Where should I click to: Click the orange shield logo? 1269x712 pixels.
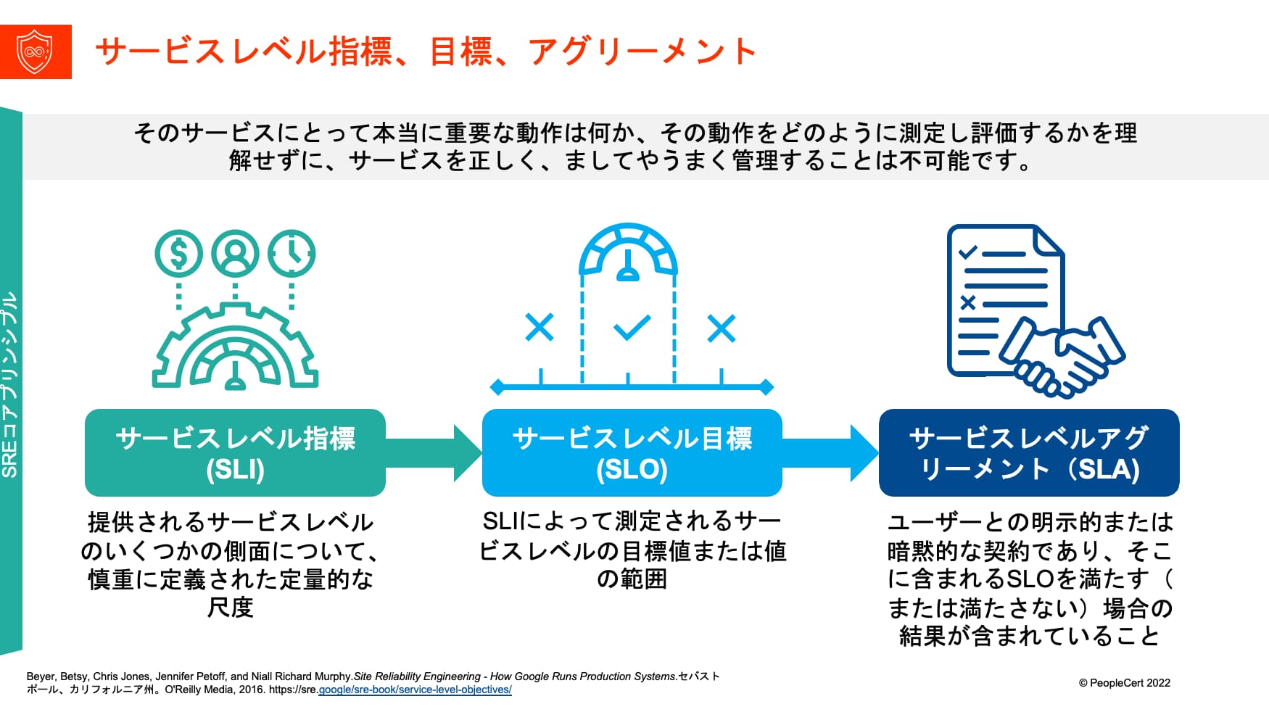36,51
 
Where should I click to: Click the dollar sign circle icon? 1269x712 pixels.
178,254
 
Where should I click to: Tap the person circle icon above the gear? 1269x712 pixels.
235,254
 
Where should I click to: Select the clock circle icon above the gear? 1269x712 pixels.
292,254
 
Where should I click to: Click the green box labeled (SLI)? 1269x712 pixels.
235,452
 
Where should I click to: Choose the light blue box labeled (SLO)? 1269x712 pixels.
632,452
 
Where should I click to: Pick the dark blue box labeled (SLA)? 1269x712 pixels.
1029,452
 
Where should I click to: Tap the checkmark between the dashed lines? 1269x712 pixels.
632,328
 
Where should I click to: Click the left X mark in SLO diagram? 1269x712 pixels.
540,328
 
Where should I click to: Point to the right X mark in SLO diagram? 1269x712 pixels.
722,328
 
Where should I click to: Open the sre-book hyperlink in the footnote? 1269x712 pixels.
415,690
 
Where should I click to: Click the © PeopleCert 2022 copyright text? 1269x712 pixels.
1125,683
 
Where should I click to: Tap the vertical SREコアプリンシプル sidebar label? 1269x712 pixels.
9,384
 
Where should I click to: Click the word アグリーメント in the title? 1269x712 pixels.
642,51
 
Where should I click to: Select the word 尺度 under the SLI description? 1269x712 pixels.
231,607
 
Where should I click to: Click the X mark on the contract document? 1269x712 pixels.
968,303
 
